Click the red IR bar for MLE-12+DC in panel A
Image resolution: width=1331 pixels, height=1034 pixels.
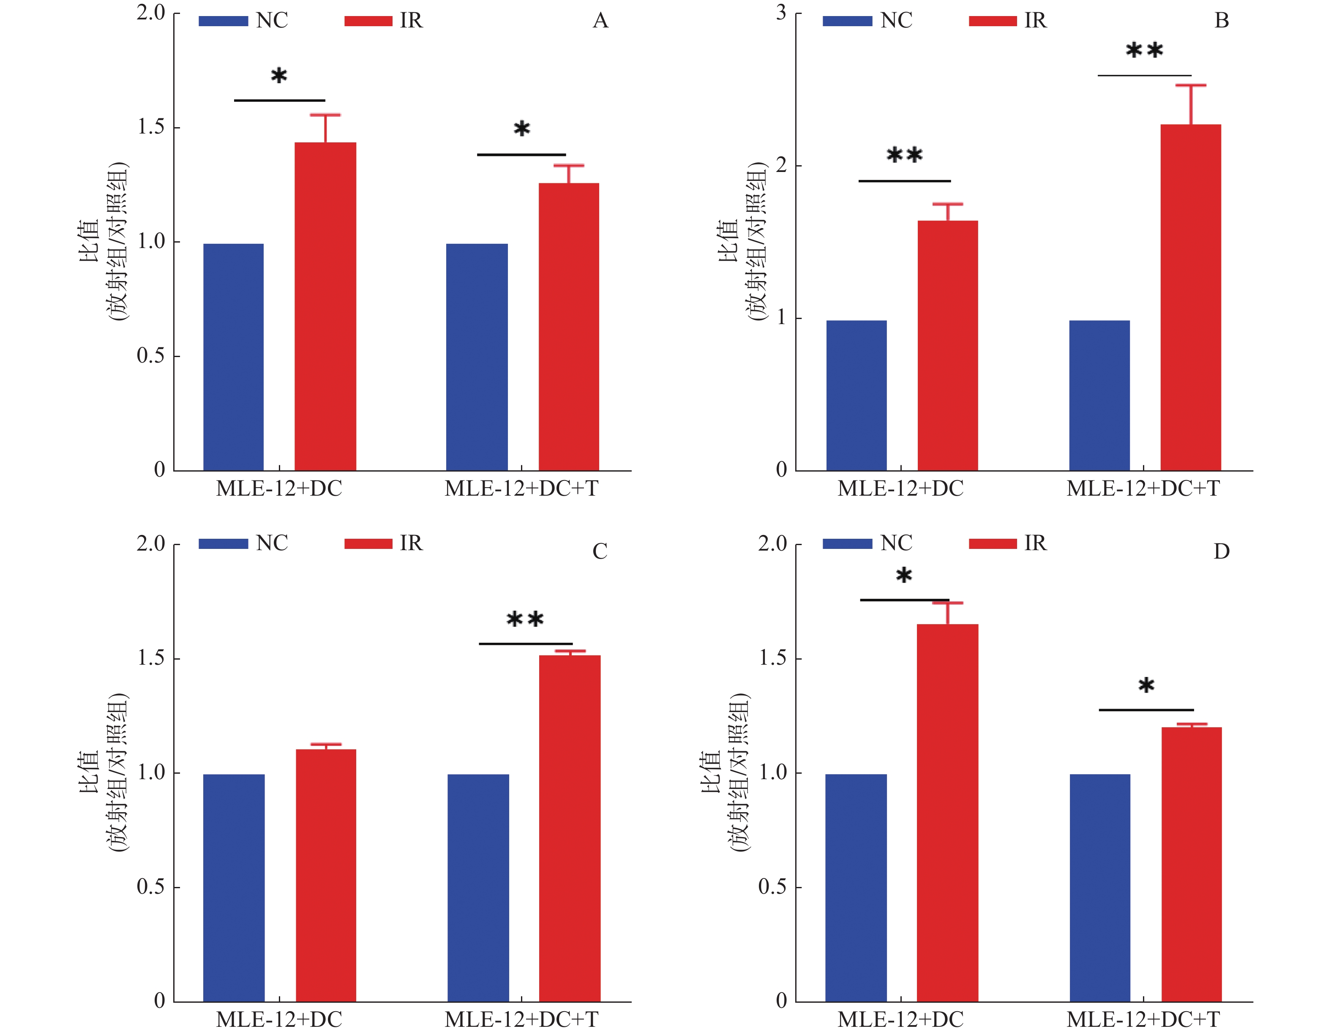pos(325,306)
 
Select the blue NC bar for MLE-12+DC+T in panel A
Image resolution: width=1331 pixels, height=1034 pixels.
pos(477,357)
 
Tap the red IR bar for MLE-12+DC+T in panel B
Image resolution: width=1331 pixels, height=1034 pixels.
pos(1190,297)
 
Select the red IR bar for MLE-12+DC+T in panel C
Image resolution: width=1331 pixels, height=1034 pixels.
pos(569,828)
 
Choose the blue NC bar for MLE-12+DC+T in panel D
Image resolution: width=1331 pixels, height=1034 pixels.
pos(1099,888)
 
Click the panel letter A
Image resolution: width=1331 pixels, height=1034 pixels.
pos(600,21)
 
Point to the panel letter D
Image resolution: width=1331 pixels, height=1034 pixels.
pos(1221,551)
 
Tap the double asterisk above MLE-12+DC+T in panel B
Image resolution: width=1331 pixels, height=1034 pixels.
pos(1144,51)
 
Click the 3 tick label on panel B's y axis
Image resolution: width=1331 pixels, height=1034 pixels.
pos(781,13)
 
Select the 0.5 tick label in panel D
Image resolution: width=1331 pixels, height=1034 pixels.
pos(772,887)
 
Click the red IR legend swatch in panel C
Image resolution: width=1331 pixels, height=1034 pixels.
pos(368,543)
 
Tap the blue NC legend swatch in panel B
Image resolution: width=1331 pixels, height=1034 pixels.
pos(847,21)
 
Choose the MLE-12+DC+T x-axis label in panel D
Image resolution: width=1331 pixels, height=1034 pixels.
pos(1143,1019)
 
